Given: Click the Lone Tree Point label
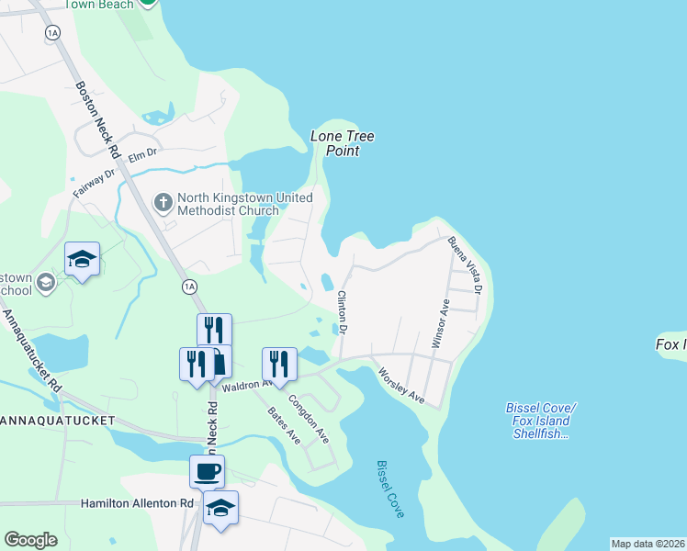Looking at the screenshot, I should click(343, 143).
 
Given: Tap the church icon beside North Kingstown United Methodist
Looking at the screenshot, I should click(163, 202).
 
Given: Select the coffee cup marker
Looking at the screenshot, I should click(207, 472).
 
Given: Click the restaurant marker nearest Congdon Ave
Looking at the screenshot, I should click(279, 364).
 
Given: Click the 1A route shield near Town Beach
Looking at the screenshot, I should click(52, 32).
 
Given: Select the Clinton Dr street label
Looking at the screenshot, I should click(343, 312).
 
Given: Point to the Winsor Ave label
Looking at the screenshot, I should click(441, 323).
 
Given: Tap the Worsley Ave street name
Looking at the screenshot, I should click(401, 386).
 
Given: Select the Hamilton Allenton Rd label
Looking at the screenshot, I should click(137, 503).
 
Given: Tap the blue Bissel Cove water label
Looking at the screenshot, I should click(390, 489).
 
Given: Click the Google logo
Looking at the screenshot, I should click(30, 540).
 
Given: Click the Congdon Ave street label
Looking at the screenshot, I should click(310, 418).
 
